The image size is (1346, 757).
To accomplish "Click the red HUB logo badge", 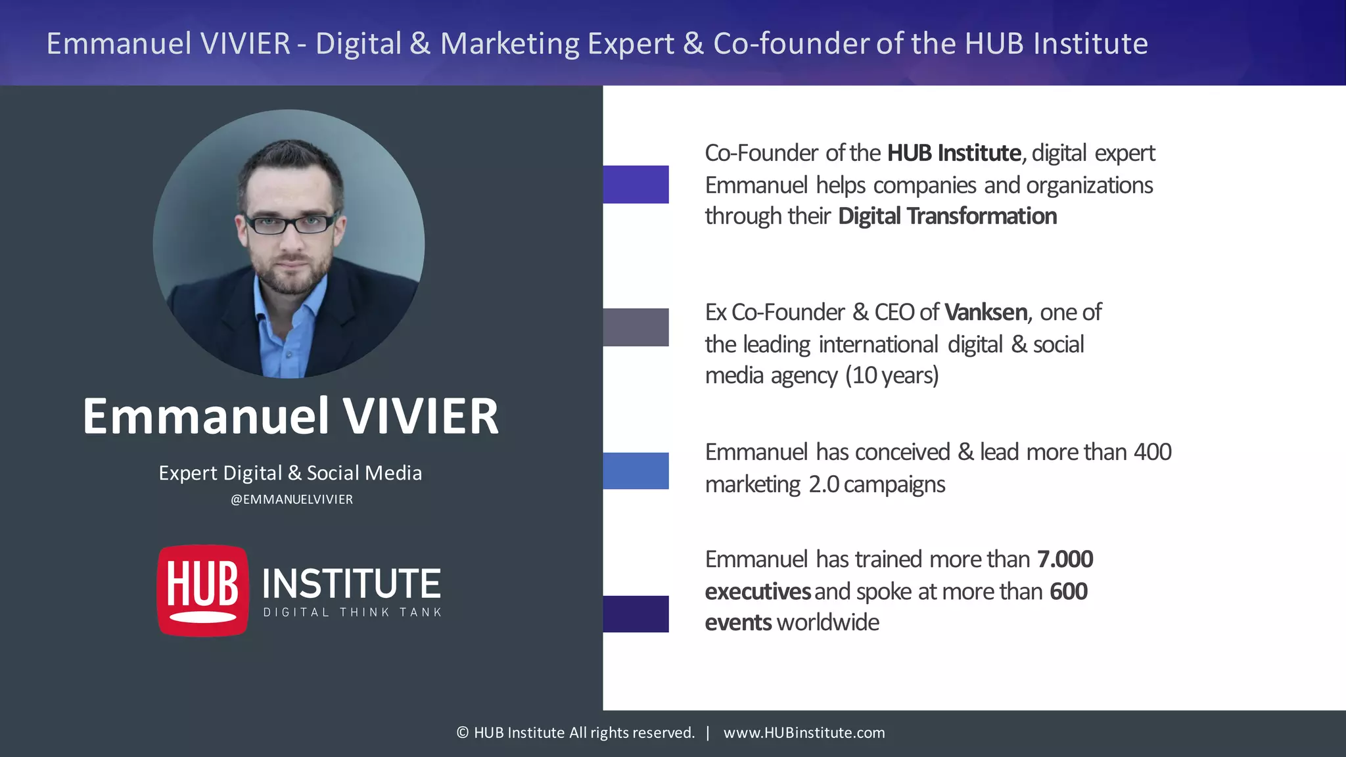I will pos(203,590).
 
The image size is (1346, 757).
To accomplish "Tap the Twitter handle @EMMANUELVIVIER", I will pos(292,499).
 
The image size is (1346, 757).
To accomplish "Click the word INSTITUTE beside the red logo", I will pos(352,584).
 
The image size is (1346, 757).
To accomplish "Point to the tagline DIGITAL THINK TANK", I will pos(352,612).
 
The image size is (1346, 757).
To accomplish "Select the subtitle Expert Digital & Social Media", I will pos(290,473).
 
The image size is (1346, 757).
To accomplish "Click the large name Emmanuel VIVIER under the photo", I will pos(290,416).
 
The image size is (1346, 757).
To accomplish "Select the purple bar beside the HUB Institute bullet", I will pos(636,184).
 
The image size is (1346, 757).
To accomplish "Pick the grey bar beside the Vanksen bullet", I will pos(636,327).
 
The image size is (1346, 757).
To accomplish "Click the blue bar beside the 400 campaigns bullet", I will pos(636,470).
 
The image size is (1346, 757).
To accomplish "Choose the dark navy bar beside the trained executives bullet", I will pos(636,614).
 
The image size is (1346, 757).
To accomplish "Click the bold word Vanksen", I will pos(986,312).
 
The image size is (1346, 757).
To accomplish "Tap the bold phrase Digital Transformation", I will pos(947,216).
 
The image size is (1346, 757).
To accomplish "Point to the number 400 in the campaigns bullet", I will pos(1152,452).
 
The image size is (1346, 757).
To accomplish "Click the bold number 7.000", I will pos(1065,559).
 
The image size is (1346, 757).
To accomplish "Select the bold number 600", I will pos(1069,591).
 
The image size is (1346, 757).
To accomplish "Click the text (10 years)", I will pos(892,376).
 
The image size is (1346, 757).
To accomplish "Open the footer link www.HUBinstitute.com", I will pos(804,733).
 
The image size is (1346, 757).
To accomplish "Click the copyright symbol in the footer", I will pos(463,733).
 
